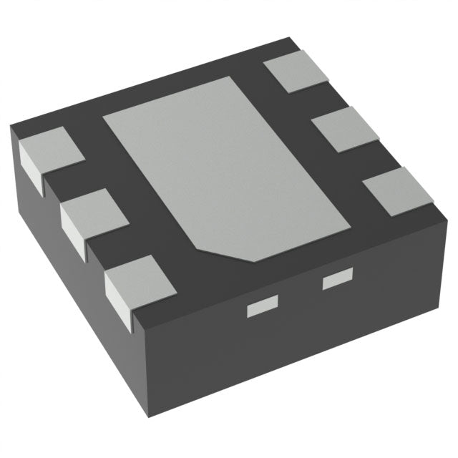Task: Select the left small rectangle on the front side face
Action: [261, 308]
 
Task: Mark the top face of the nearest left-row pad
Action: [140, 278]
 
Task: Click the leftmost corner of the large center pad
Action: [104, 117]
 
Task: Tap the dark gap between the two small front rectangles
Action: [299, 294]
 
